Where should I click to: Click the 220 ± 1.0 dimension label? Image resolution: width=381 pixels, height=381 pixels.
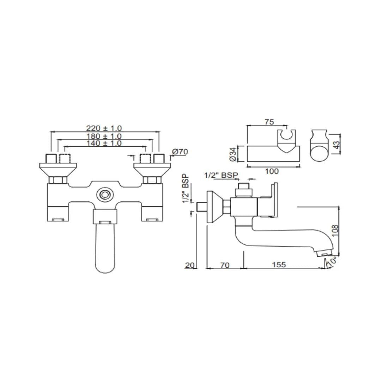[x=104, y=128]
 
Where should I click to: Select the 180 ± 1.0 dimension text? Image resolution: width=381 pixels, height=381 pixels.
[x=104, y=136]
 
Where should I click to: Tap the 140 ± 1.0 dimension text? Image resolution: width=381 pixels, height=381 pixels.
[x=104, y=143]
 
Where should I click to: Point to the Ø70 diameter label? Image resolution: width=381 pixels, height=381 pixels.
[x=180, y=152]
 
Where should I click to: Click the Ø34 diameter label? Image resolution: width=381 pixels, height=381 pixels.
[x=232, y=154]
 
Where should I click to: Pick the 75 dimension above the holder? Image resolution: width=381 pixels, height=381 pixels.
[x=269, y=122]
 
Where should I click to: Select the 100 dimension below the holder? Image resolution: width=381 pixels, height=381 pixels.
[x=272, y=171]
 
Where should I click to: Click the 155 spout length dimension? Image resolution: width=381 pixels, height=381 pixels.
[x=279, y=265]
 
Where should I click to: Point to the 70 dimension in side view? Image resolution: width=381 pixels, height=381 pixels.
[x=224, y=265]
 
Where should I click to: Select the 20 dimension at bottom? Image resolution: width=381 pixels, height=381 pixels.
[x=190, y=265]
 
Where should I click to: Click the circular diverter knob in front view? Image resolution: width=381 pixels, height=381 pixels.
[x=104, y=194]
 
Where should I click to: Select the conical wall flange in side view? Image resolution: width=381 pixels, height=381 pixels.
[x=214, y=207]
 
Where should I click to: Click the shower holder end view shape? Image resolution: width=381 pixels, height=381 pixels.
[x=319, y=146]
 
